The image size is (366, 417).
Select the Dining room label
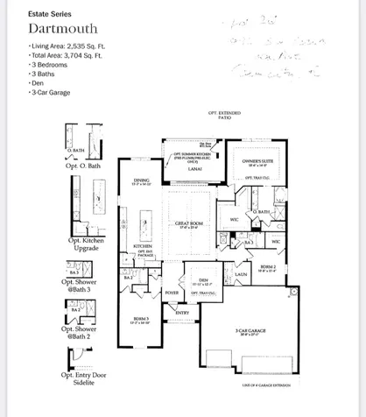coord(142,183)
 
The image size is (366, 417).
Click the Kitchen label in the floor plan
coord(143,246)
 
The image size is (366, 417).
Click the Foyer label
coord(172,293)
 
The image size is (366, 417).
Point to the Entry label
coord(182,312)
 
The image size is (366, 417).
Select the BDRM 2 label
coord(268,266)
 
